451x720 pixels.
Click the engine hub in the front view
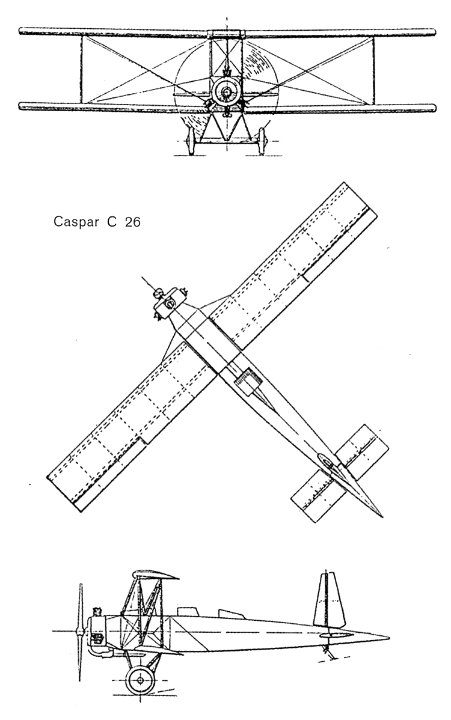click(227, 93)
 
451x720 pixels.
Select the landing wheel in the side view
click(140, 680)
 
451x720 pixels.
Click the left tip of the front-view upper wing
click(22, 31)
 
